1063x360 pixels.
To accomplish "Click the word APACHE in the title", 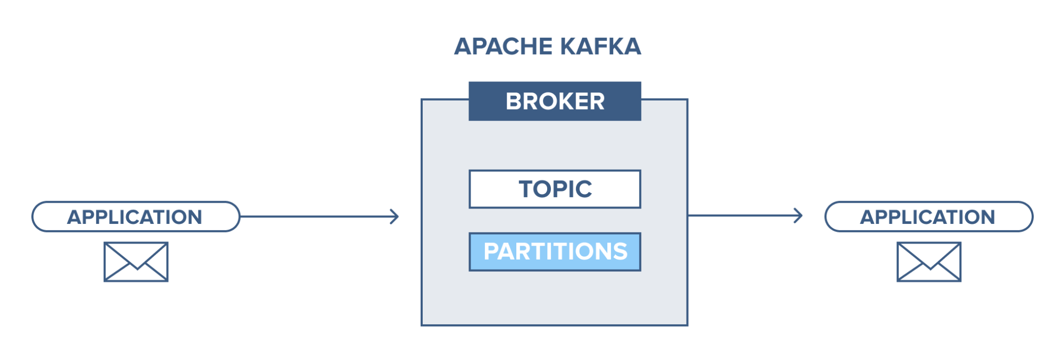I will coord(503,47).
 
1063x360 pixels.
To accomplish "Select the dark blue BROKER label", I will coord(555,101).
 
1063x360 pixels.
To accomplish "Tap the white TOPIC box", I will coord(555,189).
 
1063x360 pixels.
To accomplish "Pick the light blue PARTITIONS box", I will coord(555,252).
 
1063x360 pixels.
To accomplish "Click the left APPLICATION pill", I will coord(136,217).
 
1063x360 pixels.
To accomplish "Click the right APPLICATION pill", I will coord(928,217).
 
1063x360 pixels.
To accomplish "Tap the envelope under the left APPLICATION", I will coord(136,262).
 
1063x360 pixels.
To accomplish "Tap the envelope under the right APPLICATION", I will coord(928,262).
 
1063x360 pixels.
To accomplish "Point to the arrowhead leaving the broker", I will coord(799,215).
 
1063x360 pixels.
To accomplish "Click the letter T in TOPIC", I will coord(526,189).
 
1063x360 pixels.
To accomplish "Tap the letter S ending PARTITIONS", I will coord(620,252).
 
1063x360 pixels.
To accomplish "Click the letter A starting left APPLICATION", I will coord(74,217).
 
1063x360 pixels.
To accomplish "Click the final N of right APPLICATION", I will coord(987,217).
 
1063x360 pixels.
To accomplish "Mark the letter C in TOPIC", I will coord(583,189).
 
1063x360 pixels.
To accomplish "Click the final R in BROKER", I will coord(597,102).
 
